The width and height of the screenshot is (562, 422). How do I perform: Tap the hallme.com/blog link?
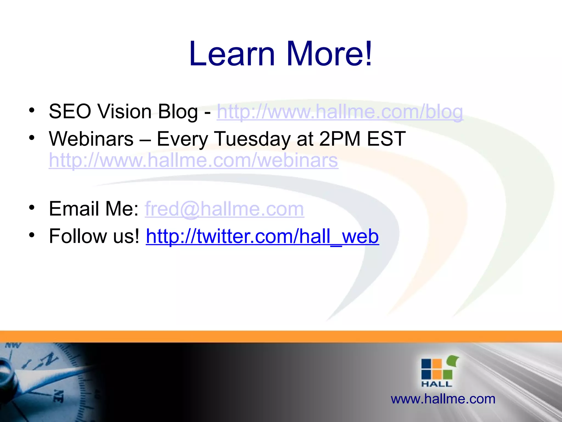pos(340,112)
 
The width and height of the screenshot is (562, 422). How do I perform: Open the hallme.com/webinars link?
pos(193,160)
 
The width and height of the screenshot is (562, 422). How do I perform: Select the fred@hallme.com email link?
pos(224,209)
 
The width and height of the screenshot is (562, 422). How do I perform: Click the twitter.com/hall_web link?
pos(262,236)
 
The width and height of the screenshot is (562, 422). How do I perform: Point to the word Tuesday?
pos(252,139)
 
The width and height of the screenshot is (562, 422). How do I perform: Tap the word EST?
pos(386,139)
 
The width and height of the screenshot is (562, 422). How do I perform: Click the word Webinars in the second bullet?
pos(91,139)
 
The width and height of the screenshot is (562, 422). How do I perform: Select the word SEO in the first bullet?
pos(70,112)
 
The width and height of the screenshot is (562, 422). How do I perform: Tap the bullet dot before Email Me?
pos(32,208)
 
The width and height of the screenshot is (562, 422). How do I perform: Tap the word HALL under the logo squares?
pos(437,384)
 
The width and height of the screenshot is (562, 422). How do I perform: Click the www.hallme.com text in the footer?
pos(443,399)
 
